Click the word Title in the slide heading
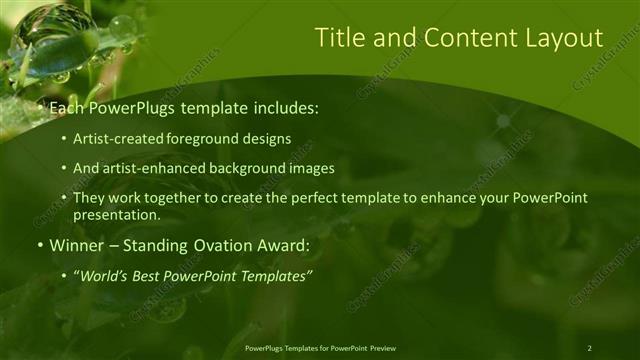coord(340,38)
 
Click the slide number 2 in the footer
coord(589,348)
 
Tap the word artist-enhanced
coord(147,168)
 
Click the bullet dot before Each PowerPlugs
coord(40,105)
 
